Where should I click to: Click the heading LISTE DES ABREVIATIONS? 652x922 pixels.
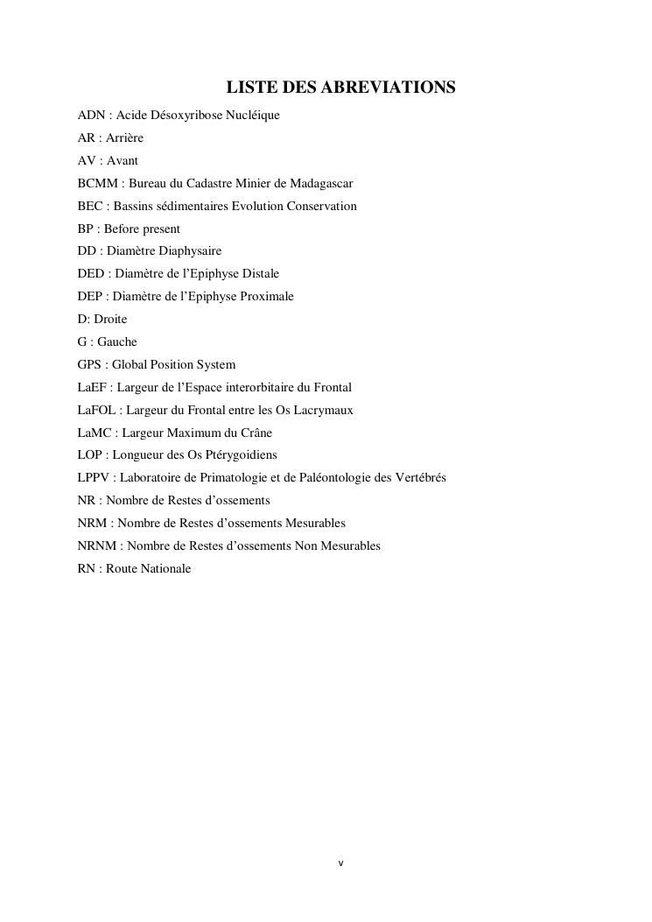(x=341, y=88)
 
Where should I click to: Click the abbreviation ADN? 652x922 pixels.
(x=91, y=116)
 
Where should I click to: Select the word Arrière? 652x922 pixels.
(x=125, y=138)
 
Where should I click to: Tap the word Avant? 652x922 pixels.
(x=123, y=161)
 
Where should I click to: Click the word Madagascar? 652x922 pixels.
(x=322, y=184)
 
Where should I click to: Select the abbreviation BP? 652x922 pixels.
(x=85, y=229)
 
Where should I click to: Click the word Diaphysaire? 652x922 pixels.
(x=190, y=251)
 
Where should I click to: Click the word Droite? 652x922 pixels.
(x=110, y=320)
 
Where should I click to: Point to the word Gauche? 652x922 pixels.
(x=117, y=342)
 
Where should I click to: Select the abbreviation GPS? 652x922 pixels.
(x=90, y=365)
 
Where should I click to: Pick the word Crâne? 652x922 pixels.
(x=256, y=433)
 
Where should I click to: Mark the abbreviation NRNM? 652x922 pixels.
(x=99, y=546)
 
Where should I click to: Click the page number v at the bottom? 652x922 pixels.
(x=341, y=863)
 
